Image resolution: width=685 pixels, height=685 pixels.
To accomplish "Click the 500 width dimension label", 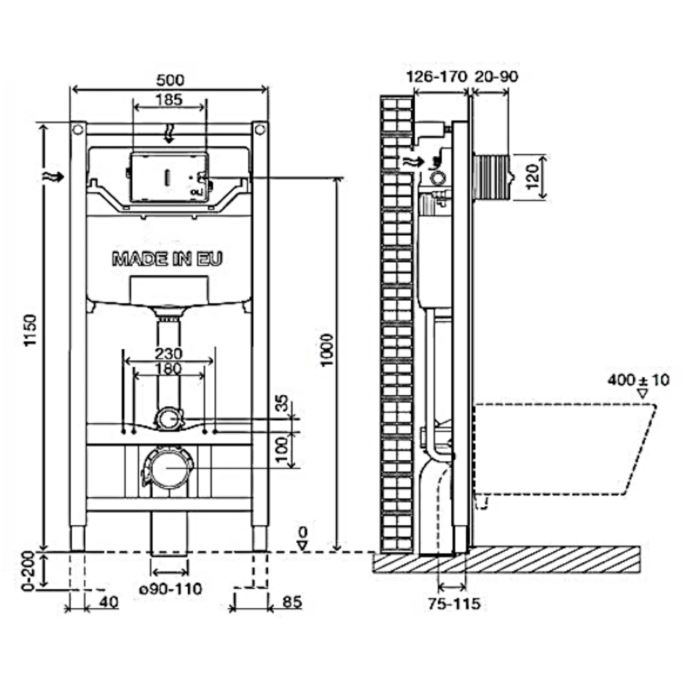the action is [170, 80].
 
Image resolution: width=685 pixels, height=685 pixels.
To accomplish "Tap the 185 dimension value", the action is [169, 100].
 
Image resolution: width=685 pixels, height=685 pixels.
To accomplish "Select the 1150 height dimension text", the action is [30, 330].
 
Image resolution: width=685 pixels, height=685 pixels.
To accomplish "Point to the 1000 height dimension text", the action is [327, 350].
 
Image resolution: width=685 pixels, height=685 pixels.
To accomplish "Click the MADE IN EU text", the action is [167, 259].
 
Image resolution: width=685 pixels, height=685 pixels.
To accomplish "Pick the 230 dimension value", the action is [169, 354].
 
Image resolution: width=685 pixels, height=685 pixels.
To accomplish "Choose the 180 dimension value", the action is [169, 369].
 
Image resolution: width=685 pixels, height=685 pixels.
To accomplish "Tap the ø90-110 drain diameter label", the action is [170, 589].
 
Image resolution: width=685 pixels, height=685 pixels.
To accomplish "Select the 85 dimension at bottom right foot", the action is [292, 602].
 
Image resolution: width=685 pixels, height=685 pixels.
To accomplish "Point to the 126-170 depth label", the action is [437, 77].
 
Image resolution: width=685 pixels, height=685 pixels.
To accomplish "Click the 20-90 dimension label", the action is [496, 77].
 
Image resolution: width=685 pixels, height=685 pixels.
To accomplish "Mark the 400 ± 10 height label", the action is [638, 380].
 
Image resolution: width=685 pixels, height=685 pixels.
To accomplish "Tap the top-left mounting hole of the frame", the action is [78, 129].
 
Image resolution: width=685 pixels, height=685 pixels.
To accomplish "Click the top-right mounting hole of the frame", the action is [260, 129].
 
